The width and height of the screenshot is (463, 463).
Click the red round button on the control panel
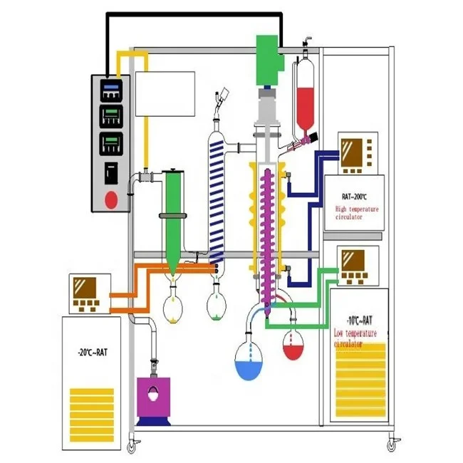111,199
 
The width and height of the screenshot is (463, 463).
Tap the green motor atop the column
269,57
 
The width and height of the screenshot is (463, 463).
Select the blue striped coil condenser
217,192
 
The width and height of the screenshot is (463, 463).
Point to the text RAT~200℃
354,196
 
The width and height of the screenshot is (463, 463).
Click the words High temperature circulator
357,213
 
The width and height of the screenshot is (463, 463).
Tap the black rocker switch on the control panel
111,171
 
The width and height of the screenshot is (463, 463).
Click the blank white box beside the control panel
165,93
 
